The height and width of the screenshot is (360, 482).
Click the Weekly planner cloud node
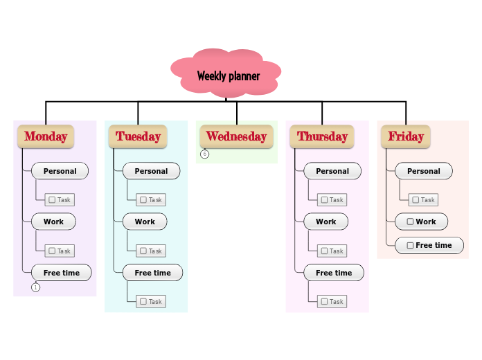pyautogui.click(x=227, y=75)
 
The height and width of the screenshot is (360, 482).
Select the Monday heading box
pyautogui.click(x=46, y=136)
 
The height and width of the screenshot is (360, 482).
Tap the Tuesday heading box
pyautogui.click(x=138, y=136)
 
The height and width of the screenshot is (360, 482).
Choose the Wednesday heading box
pyautogui.click(x=236, y=136)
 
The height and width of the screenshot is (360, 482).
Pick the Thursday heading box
pyautogui.click(x=322, y=136)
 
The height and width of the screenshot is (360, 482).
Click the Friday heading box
pyautogui.click(x=406, y=136)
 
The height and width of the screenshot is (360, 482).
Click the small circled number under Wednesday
pyautogui.click(x=205, y=154)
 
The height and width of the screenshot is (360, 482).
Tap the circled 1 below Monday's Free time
pyautogui.click(x=36, y=287)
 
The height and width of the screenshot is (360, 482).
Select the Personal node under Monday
pyautogui.click(x=60, y=171)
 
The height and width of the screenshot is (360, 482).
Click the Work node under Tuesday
pyautogui.click(x=144, y=222)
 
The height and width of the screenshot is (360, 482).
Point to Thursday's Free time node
pyautogui.click(x=333, y=273)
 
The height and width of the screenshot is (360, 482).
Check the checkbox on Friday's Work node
pyautogui.click(x=411, y=222)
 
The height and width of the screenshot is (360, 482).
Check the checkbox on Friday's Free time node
pyautogui.click(x=411, y=245)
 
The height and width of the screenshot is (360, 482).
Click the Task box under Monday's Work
pyautogui.click(x=60, y=251)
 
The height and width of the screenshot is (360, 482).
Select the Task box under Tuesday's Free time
pyautogui.click(x=150, y=302)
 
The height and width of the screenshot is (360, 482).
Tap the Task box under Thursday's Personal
pyautogui.click(x=332, y=200)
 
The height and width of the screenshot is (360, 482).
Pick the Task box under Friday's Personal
pyautogui.click(x=423, y=200)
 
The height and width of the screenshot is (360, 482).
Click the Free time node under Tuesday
pyautogui.click(x=152, y=273)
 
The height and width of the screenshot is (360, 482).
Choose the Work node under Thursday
pyautogui.click(x=325, y=222)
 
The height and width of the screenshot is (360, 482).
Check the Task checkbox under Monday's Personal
pyautogui.click(x=52, y=200)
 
